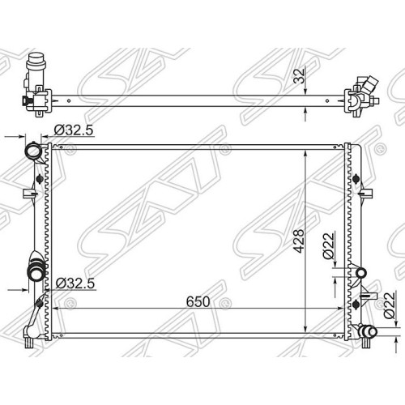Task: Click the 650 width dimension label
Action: pyautogui.click(x=198, y=301)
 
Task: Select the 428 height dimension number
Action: pyautogui.click(x=299, y=241)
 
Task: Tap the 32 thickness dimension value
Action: pyautogui.click(x=299, y=76)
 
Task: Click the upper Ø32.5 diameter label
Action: pyautogui.click(x=74, y=130)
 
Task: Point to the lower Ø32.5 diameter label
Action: pyautogui.click(x=75, y=283)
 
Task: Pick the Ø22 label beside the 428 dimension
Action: pyautogui.click(x=329, y=245)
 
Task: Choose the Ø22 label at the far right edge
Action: pyautogui.click(x=389, y=305)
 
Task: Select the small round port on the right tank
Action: pyautogui.click(x=361, y=273)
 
